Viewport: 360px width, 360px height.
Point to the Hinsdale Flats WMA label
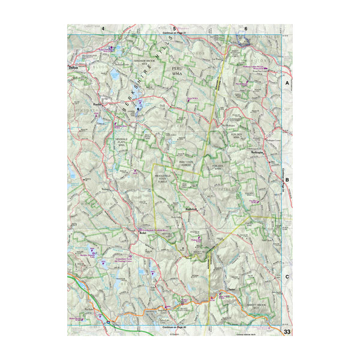click(121, 142)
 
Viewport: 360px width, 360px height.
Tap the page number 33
click(287, 331)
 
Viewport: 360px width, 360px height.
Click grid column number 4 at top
click(103, 29)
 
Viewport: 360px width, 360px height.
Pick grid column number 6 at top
click(246, 29)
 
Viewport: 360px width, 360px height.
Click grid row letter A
click(287, 82)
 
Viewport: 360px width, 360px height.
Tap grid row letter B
click(287, 179)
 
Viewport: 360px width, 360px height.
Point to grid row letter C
click(287, 277)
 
